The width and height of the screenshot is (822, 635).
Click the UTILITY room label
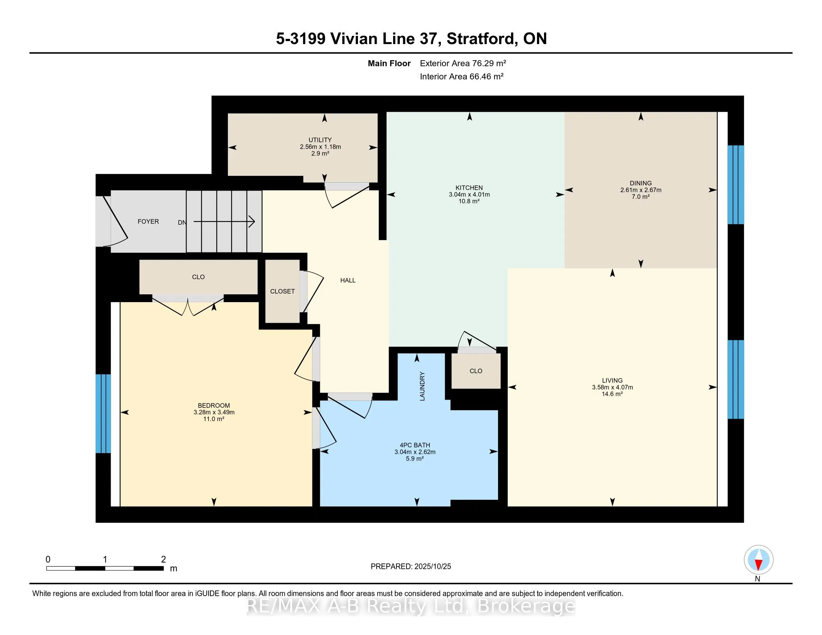(x=320, y=140)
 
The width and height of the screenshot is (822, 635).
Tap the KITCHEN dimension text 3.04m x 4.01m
(x=469, y=195)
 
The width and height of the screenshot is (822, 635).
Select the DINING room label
(x=640, y=183)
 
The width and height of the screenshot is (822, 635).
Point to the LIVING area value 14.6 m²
(x=612, y=394)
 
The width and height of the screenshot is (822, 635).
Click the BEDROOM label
(x=214, y=405)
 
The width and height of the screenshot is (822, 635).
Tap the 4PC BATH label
(x=415, y=445)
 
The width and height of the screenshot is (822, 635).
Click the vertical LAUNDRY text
(x=422, y=386)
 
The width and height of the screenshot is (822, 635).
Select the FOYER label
(x=148, y=222)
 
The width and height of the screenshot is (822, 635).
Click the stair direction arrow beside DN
(x=224, y=222)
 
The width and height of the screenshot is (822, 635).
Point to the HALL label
(x=348, y=280)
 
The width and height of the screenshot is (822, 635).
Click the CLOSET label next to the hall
(x=282, y=291)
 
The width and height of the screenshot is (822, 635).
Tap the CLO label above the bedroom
(x=198, y=277)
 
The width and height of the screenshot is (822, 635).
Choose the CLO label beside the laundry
(x=476, y=371)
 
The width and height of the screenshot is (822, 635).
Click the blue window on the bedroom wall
(x=103, y=413)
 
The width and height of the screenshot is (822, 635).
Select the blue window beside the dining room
(x=735, y=184)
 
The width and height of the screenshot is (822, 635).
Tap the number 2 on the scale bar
(x=163, y=560)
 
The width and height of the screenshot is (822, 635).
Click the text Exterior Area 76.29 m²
(x=463, y=63)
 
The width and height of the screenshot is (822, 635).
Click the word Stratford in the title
(x=481, y=39)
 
